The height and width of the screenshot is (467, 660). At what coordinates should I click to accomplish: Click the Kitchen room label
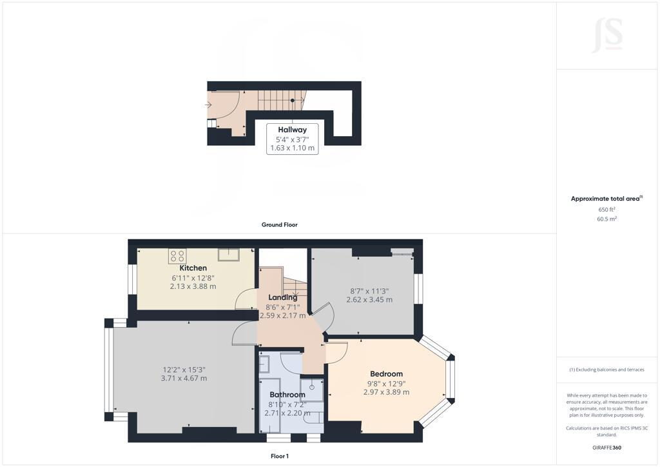[193, 268]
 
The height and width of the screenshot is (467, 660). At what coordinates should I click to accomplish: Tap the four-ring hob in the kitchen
[177, 255]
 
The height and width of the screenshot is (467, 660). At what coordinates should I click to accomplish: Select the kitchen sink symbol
[229, 255]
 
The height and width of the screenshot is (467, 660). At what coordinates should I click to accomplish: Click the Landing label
[283, 297]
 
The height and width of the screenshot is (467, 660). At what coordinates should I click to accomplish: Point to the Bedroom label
[387, 374]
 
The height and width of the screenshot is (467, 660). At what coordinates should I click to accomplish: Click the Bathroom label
[287, 395]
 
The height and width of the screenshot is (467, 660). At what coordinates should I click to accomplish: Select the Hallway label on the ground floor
[292, 130]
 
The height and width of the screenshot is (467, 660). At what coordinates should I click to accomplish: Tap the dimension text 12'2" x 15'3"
[184, 370]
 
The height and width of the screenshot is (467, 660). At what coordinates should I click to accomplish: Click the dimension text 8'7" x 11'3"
[369, 291]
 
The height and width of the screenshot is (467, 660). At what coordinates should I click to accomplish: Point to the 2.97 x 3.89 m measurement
[387, 392]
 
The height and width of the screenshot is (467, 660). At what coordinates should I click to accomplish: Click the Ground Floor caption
[280, 225]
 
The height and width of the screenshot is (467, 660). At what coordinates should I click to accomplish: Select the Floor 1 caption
[280, 456]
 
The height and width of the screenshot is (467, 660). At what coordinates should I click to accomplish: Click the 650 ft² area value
[607, 209]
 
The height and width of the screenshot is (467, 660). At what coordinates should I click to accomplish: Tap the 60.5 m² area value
[607, 219]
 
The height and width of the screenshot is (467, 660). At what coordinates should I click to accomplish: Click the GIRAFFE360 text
[607, 448]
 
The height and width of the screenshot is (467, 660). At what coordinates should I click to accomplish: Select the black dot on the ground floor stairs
[293, 100]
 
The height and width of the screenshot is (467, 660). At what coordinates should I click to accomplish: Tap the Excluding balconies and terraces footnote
[607, 370]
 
